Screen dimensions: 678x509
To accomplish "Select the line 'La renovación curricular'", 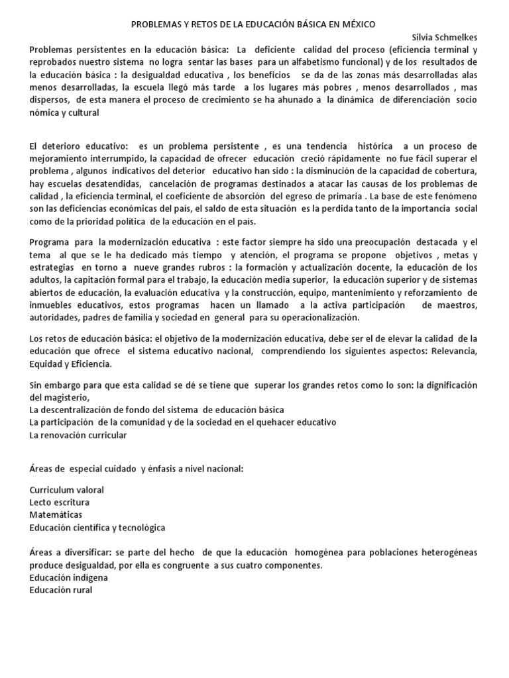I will tap(78, 435).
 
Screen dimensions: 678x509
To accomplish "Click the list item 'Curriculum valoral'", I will tap(67, 490).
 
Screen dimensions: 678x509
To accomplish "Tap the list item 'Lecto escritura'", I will tap(60, 503).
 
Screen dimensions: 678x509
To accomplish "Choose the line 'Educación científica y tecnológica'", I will tap(97, 528).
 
